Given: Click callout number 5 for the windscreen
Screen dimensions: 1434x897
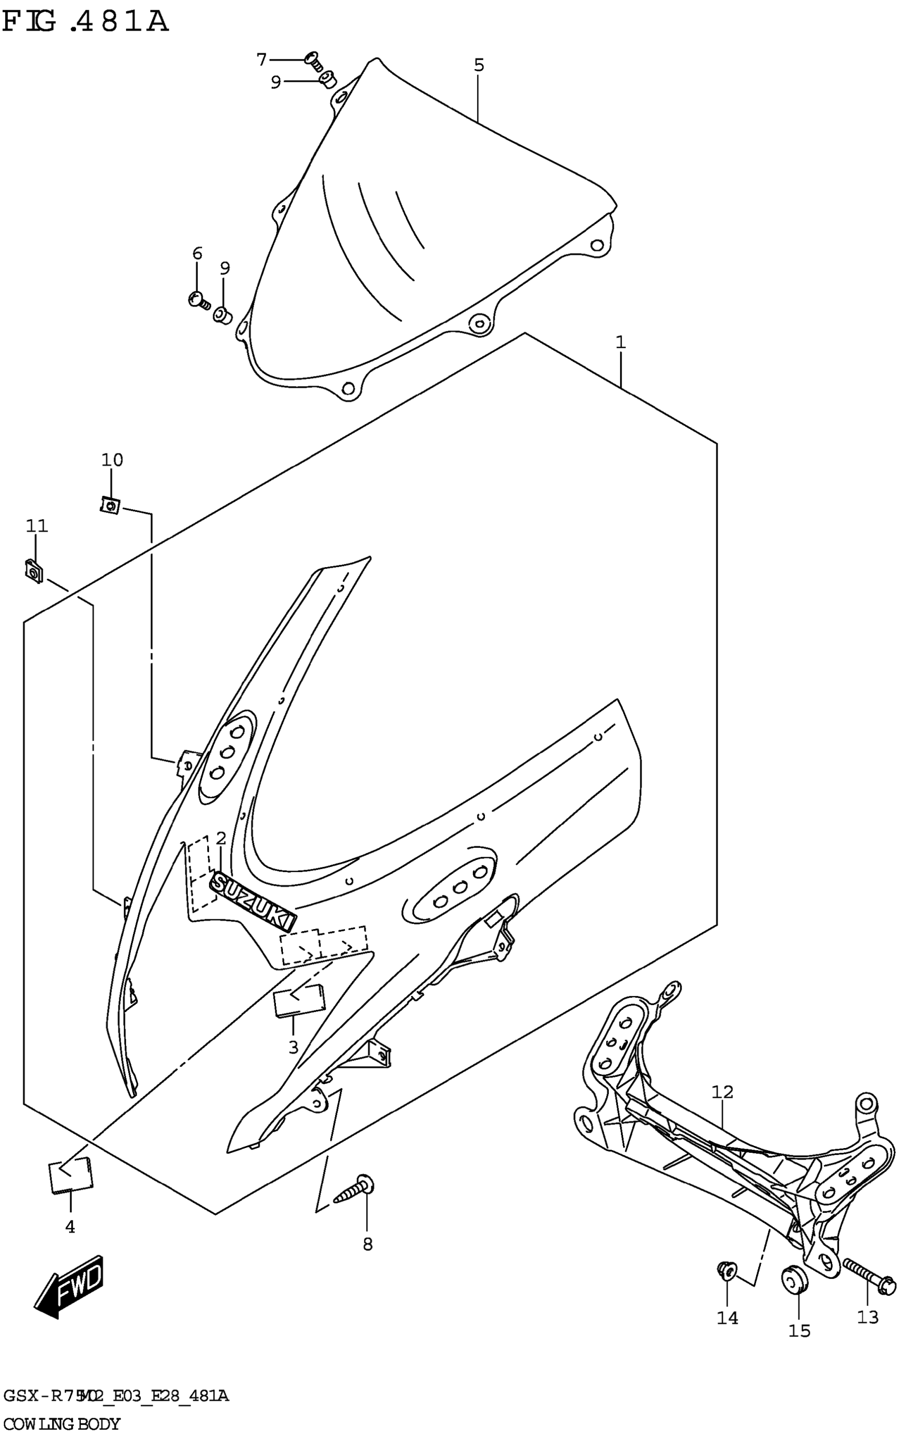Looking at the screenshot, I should coord(479,65).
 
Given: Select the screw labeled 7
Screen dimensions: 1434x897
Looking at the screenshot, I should coord(313,61).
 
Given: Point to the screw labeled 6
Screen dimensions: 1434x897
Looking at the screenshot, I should coord(197,301).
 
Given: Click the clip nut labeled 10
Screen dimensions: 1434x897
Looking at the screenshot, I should coord(110,506).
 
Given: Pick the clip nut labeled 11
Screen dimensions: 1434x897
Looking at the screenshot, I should coord(34,571).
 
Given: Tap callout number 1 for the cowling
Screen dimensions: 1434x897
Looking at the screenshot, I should coord(621,343).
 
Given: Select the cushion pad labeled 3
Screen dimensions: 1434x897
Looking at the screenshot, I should coord(299,1000).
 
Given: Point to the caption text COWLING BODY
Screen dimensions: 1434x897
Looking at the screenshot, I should coord(62,1423).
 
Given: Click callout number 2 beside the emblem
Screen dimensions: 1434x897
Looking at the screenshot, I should coord(221,838).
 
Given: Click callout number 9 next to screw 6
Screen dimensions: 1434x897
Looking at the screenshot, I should coord(224,268).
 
